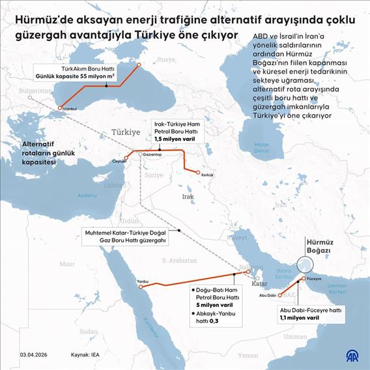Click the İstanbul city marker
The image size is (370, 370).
point(60,107)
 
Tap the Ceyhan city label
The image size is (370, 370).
point(119,160)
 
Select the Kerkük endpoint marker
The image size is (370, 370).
point(198,172)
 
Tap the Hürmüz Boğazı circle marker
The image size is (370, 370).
point(304,264)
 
